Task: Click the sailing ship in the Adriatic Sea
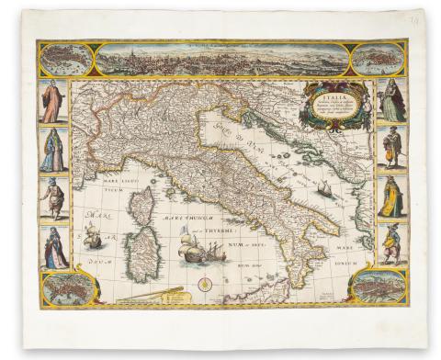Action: (324, 189)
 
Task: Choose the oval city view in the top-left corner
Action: (67, 60)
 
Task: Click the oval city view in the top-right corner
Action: (379, 60)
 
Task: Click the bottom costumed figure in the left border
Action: (53, 246)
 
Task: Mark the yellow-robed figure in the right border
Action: (391, 197)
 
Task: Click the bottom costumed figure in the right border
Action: (391, 243)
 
